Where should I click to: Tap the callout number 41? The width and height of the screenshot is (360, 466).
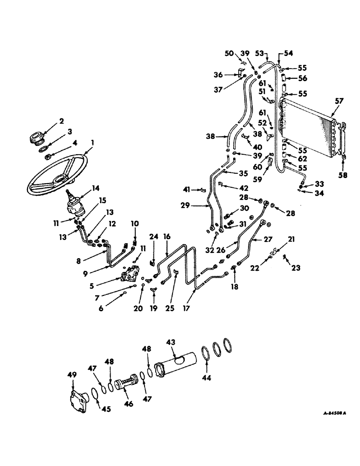pyautogui.click(x=187, y=190)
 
